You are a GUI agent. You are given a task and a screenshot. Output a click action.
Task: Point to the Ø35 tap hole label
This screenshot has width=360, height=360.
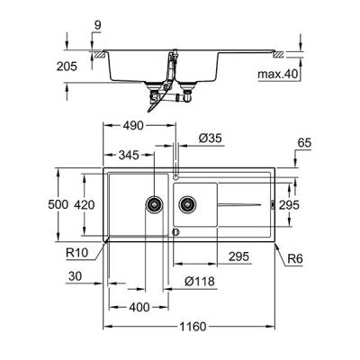coord(212,139)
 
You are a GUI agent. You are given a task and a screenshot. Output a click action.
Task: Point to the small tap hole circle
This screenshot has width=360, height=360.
coord(176,171)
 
